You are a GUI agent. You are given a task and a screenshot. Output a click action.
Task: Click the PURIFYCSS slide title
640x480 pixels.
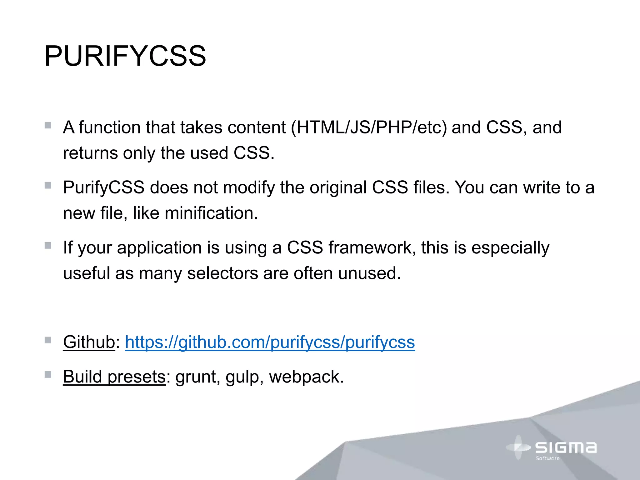click(x=125, y=56)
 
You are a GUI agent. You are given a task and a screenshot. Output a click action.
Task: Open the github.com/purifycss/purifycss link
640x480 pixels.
click(x=270, y=342)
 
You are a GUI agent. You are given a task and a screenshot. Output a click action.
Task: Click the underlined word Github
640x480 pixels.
click(x=89, y=342)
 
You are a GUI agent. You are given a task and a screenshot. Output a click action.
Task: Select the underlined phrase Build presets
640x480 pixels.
click(x=114, y=377)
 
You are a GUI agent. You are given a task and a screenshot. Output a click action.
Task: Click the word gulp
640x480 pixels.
click(x=242, y=377)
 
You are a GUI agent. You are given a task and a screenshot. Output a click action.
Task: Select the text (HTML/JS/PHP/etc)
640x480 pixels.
click(x=369, y=127)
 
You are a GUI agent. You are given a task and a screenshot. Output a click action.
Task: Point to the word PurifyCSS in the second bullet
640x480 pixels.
click(x=104, y=188)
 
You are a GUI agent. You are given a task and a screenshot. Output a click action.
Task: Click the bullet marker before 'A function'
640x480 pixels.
click(x=48, y=126)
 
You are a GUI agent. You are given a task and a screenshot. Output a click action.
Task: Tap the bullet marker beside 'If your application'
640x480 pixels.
click(x=48, y=246)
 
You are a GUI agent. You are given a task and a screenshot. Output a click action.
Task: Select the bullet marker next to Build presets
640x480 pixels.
click(x=48, y=374)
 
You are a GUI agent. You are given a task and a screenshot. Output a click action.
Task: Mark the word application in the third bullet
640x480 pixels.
click(x=159, y=248)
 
